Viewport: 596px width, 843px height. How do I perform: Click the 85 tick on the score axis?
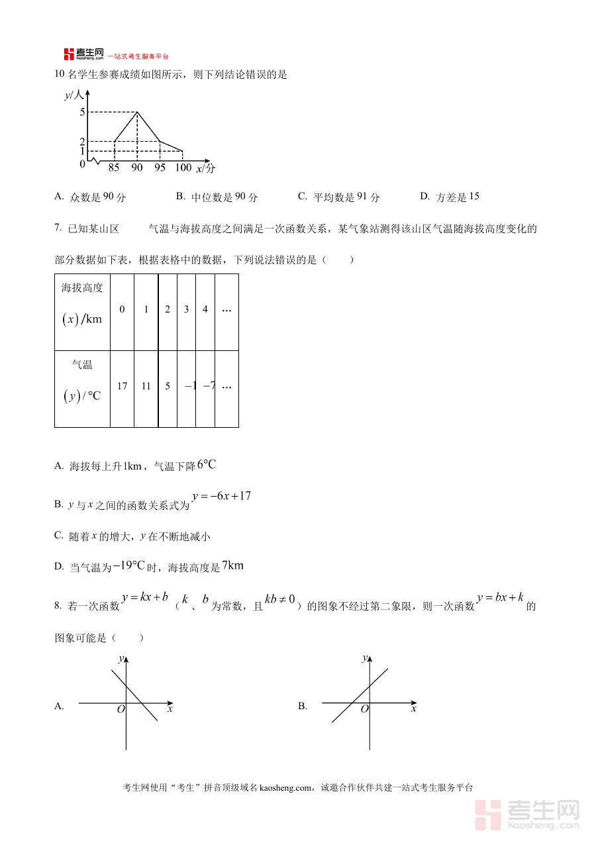tap(114, 168)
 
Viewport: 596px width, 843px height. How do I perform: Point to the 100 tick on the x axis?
tap(183, 168)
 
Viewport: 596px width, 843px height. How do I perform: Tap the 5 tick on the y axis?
tap(82, 112)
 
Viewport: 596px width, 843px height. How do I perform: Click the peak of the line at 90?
tap(137, 112)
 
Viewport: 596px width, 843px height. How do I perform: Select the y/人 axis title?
tap(74, 95)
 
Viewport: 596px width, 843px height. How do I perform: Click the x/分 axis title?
tap(205, 169)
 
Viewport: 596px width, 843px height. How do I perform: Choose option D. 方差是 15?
tap(450, 197)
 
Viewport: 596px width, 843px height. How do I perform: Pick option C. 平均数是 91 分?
tap(338, 197)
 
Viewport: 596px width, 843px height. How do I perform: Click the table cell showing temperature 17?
tap(122, 386)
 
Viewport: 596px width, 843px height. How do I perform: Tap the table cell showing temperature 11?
tap(146, 386)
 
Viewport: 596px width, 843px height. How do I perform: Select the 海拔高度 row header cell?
tap(82, 312)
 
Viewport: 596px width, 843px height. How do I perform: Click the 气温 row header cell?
tap(82, 389)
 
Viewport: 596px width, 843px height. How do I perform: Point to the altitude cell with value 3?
tap(186, 309)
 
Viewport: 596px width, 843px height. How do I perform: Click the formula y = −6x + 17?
tap(221, 496)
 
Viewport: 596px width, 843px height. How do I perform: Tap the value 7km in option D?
tap(232, 566)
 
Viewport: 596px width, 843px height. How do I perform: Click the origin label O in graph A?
tap(121, 709)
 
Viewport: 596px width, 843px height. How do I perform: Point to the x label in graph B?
tap(414, 709)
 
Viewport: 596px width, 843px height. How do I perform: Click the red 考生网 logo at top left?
tap(84, 54)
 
